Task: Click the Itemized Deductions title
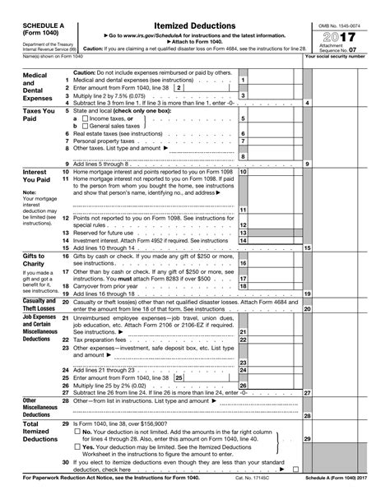194,27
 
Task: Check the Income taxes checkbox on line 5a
87,118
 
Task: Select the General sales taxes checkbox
87,126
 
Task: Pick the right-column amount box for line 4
346,102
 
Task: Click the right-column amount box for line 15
346,247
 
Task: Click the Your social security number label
345,57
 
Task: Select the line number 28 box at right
307,415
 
